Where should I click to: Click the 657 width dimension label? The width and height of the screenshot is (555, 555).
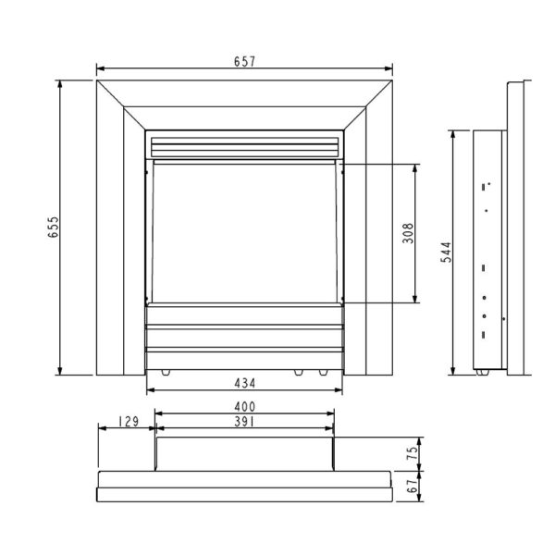(244, 62)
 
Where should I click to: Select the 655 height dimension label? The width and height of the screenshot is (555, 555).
(54, 227)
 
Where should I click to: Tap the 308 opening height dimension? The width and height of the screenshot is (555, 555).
(408, 233)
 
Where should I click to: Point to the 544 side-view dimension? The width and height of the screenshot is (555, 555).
(446, 253)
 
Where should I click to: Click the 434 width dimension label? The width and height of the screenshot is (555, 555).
(244, 383)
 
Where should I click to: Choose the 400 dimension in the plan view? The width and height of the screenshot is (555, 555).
(244, 407)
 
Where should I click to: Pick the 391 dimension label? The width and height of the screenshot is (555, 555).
(244, 422)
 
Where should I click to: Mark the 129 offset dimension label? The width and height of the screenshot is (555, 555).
(129, 422)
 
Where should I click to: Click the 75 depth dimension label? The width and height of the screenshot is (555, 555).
(413, 453)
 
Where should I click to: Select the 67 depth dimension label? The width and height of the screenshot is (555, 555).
(413, 487)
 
